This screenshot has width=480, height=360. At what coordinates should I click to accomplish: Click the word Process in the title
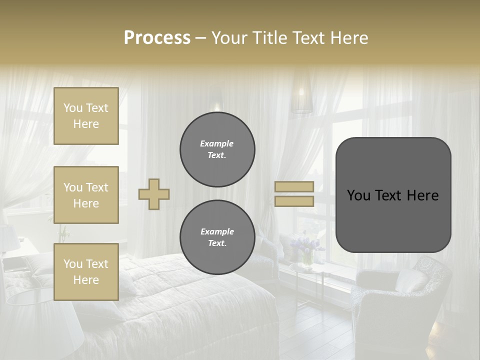pos(157,37)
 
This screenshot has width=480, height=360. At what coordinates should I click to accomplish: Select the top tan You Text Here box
pos(86,116)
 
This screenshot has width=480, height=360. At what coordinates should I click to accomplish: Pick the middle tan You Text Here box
pos(86,195)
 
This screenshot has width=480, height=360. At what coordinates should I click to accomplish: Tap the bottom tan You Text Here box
pos(86,271)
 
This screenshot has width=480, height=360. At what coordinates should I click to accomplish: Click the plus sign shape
pos(154,194)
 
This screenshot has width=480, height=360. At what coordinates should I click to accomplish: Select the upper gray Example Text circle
pos(217,149)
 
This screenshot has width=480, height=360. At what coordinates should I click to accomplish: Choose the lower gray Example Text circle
pos(217,237)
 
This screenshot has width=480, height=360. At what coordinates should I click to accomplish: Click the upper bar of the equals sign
pos(294,186)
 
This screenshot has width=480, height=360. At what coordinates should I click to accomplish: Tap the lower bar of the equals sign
pos(294,201)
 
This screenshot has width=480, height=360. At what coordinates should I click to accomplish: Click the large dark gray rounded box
pos(393,195)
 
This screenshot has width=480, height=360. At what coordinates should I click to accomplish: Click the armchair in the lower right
pos(395,300)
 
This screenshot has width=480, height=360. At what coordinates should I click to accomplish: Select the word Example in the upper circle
pos(217,143)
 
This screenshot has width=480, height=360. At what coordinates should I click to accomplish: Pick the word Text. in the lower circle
pos(217,243)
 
